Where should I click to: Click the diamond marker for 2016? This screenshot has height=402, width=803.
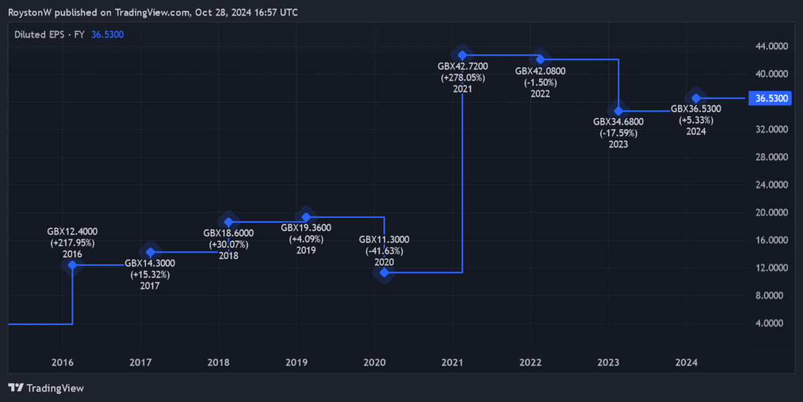(x=72, y=265)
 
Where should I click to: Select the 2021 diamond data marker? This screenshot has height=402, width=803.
(x=462, y=55)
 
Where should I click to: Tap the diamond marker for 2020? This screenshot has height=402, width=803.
(x=384, y=272)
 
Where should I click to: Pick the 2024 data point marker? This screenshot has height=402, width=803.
(x=696, y=98)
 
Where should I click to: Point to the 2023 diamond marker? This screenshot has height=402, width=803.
(x=618, y=111)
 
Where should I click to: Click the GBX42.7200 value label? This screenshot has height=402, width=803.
(x=462, y=66)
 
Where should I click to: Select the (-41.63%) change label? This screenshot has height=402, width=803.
(x=384, y=251)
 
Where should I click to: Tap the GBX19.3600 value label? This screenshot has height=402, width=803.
(x=306, y=228)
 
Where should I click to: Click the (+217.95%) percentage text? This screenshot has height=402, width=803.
(x=72, y=243)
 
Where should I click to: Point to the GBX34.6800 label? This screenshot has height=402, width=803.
(x=618, y=122)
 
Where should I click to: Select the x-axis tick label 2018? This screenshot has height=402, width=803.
(x=218, y=363)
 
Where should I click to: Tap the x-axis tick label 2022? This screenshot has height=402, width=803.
(x=531, y=363)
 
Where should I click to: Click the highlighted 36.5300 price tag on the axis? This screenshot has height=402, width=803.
(x=770, y=98)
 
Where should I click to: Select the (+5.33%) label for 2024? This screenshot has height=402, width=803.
(x=696, y=120)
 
